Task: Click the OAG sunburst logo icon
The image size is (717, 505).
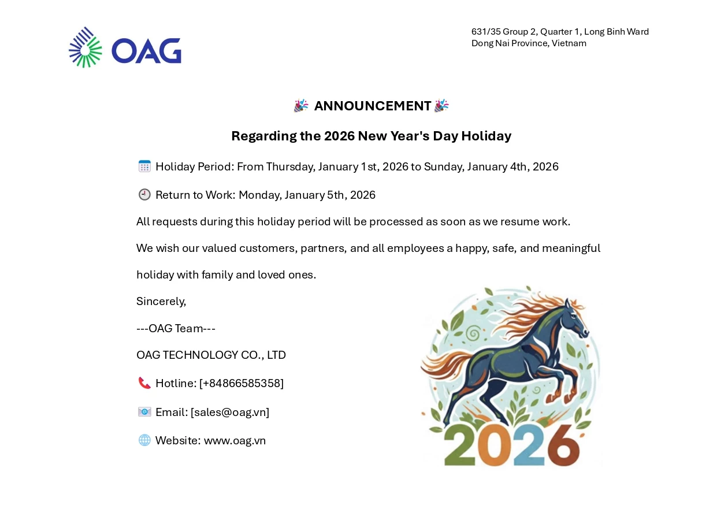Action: click(x=86, y=47)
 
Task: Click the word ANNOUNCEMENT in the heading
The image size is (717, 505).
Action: click(x=373, y=106)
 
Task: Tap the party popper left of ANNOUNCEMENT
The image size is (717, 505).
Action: click(x=301, y=106)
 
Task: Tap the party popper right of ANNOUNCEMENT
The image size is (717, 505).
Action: click(x=441, y=106)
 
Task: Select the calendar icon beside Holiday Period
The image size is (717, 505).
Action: click(x=144, y=166)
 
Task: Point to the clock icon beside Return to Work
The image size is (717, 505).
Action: click(x=144, y=195)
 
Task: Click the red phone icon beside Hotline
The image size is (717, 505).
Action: click(x=144, y=383)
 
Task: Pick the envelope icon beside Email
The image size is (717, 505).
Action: click(x=144, y=412)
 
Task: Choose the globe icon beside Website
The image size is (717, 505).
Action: click(x=144, y=440)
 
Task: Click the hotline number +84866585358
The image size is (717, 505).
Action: click(x=242, y=383)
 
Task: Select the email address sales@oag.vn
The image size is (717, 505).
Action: click(x=230, y=412)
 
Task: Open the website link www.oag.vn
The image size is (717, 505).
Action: click(x=235, y=441)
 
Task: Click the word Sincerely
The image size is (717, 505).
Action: click(x=161, y=302)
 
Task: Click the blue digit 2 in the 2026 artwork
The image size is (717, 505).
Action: click(x=529, y=445)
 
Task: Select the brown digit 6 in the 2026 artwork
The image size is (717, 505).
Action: click(x=563, y=445)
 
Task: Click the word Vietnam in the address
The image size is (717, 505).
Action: click(x=569, y=43)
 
